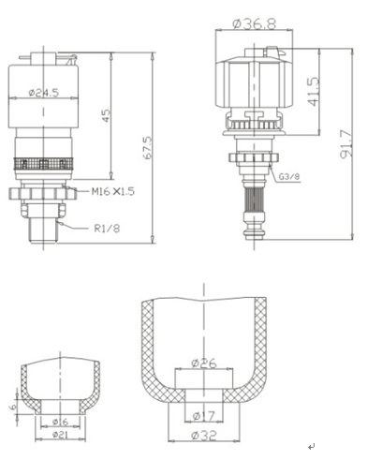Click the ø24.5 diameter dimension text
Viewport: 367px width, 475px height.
point(44,93)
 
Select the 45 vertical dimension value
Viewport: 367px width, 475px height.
point(106,115)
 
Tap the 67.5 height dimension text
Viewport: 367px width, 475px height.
point(148,147)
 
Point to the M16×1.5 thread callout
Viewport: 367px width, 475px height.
point(113,191)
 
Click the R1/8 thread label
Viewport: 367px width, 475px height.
point(107,229)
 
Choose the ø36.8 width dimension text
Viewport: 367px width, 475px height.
point(255,23)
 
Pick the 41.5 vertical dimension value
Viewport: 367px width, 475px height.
point(315,92)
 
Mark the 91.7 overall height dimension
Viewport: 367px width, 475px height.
point(346,144)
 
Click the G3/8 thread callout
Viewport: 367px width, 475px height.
point(289,177)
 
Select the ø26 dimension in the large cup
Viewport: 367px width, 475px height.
point(204,364)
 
